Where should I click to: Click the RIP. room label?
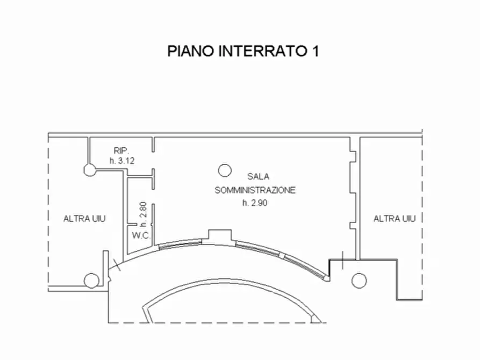(120, 150)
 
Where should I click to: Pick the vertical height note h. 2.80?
(143, 213)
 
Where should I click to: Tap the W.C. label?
(140, 236)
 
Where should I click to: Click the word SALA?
(259, 176)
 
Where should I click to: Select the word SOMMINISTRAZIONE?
(255, 190)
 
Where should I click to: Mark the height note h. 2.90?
(255, 203)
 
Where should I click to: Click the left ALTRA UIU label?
(84, 219)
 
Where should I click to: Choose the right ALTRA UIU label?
(395, 219)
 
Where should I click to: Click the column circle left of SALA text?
(225, 170)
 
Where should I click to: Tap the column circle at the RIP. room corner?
(89, 170)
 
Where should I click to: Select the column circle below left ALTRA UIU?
(91, 280)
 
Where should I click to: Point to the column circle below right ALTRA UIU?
(359, 280)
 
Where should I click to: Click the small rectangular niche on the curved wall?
(219, 235)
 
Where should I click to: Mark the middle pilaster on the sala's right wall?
(353, 193)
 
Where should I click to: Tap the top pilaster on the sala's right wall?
(353, 156)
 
